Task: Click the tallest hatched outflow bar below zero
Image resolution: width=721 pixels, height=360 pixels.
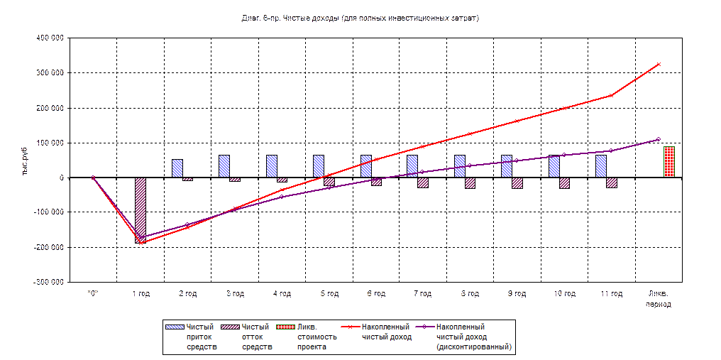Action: (x=141, y=209)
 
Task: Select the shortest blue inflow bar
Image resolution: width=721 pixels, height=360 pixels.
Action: (x=177, y=168)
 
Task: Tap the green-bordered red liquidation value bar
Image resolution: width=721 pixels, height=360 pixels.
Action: (x=669, y=162)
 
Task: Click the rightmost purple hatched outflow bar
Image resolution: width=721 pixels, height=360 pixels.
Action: (x=611, y=182)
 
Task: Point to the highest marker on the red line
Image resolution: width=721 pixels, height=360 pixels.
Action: (x=659, y=64)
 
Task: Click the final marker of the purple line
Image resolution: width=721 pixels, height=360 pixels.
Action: (x=659, y=139)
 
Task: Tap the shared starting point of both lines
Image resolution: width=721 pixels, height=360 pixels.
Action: (x=93, y=178)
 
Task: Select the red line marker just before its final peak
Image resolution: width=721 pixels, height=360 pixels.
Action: (x=611, y=95)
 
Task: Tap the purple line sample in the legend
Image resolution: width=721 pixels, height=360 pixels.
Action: (x=424, y=327)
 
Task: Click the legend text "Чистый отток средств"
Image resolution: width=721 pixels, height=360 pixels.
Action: (x=257, y=337)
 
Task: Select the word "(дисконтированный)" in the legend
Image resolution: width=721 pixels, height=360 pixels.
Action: (x=474, y=347)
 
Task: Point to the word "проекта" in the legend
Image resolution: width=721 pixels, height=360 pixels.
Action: (x=312, y=347)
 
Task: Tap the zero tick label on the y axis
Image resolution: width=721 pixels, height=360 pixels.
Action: (x=62, y=178)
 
